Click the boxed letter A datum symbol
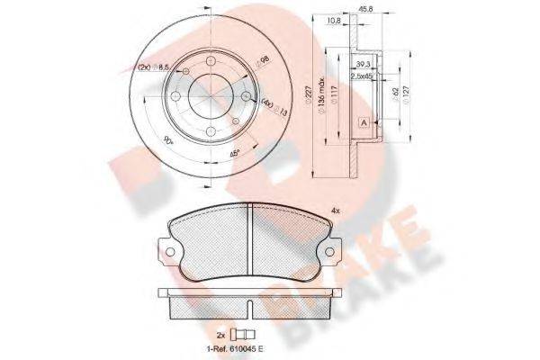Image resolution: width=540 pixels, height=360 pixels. (x=362, y=122)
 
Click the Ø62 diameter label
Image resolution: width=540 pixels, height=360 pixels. (x=392, y=91)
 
